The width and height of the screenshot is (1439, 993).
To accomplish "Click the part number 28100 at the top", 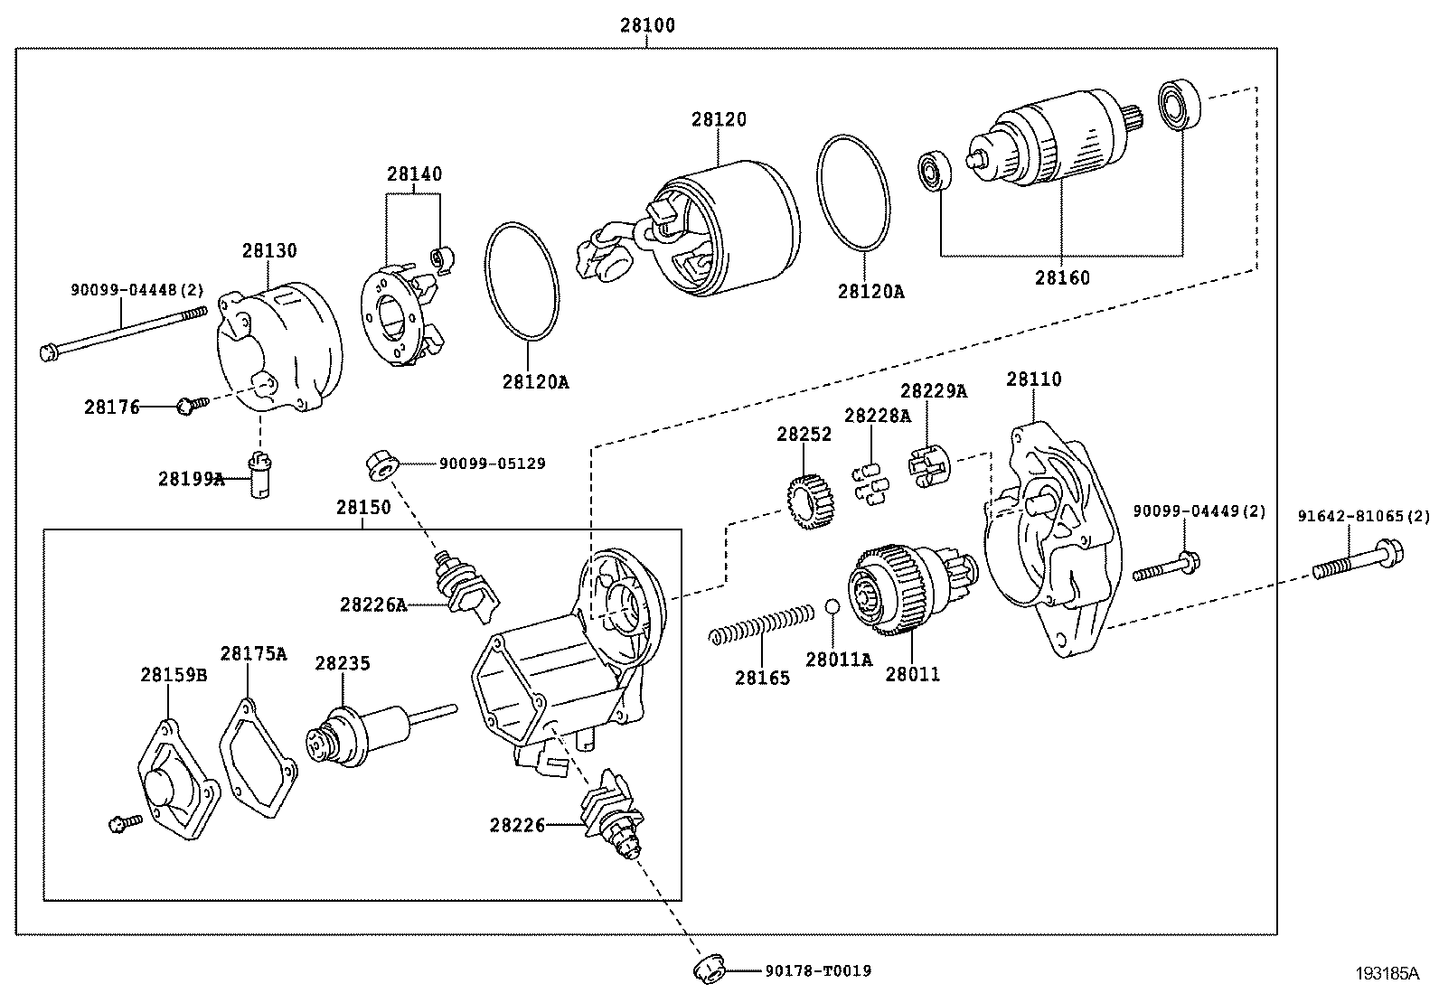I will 646,25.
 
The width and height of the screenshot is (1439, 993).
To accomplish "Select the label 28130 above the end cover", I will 268,250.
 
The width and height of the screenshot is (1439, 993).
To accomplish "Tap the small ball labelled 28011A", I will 832,605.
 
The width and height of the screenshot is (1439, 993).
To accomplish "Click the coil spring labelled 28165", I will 760,624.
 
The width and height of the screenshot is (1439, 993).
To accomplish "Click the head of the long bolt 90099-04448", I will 48,351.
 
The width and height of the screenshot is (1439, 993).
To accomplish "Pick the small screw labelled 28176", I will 188,407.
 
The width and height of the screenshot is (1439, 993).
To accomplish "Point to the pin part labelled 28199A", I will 259,476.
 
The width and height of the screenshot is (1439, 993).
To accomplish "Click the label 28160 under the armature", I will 1062,277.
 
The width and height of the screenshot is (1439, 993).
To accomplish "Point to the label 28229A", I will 933,390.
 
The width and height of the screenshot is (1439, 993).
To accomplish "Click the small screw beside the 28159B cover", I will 122,822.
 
